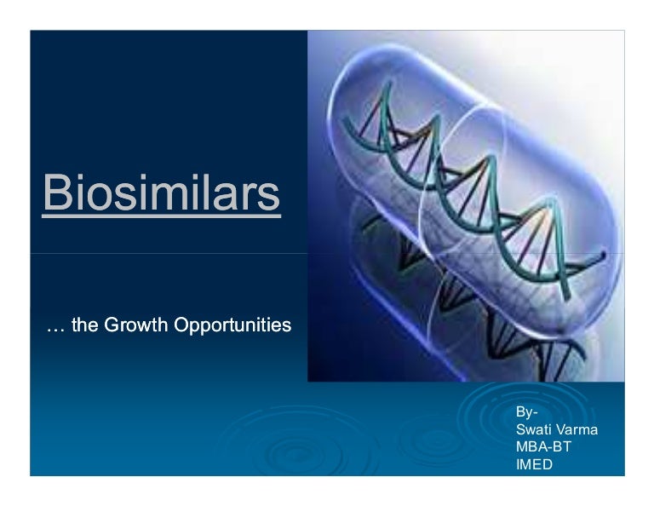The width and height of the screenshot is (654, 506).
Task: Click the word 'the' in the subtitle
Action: coord(84,325)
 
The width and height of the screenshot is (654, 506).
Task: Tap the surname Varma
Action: coord(577,430)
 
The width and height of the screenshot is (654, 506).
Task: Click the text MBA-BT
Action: coord(544,447)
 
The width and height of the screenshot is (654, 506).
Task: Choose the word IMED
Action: coord(534,464)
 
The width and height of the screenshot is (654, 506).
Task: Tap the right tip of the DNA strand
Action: coord(601,255)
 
